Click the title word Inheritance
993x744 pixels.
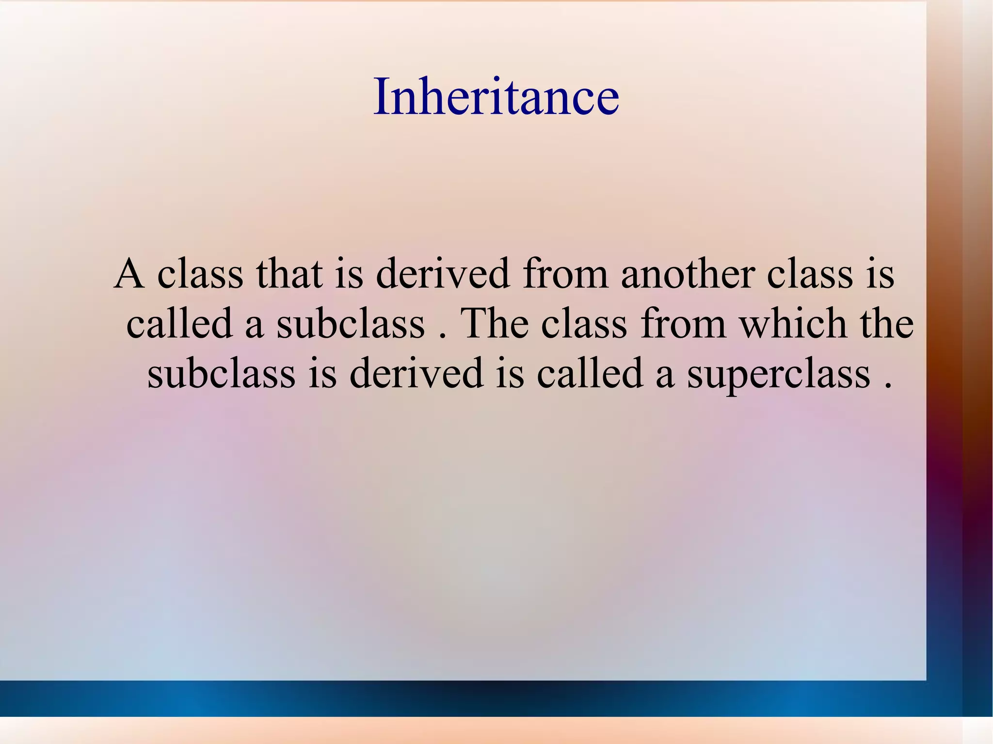pyautogui.click(x=496, y=96)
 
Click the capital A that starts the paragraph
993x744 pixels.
pyautogui.click(x=129, y=274)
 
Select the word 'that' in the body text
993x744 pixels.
pyautogui.click(x=289, y=274)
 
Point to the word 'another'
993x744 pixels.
pyautogui.click(x=687, y=274)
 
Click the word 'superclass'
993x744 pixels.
pyautogui.click(x=778, y=375)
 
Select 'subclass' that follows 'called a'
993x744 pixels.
pyautogui.click(x=351, y=324)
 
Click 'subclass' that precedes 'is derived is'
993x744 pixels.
pyautogui.click(x=221, y=374)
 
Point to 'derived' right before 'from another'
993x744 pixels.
pyautogui.click(x=443, y=274)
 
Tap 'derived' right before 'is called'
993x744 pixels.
pyautogui.click(x=416, y=374)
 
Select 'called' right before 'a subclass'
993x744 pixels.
pyautogui.click(x=179, y=324)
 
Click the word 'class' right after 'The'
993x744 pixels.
pyautogui.click(x=584, y=324)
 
